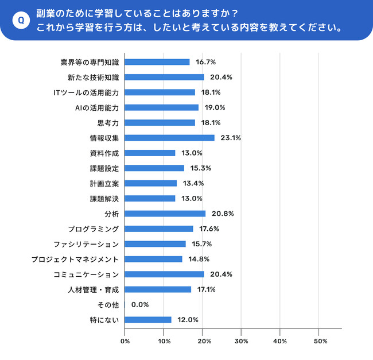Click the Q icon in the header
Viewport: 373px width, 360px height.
click(x=21, y=20)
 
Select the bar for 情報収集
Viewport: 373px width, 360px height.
click(x=169, y=138)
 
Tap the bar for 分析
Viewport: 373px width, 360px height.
click(x=165, y=214)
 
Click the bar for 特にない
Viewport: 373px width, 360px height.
click(x=148, y=320)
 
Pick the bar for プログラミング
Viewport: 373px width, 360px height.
click(x=158, y=229)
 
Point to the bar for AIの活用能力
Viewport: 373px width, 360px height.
click(x=161, y=107)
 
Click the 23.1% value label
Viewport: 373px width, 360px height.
click(x=231, y=138)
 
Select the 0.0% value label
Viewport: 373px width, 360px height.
click(x=141, y=305)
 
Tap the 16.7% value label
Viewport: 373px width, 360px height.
click(x=206, y=62)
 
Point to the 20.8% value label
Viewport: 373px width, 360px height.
click(x=222, y=214)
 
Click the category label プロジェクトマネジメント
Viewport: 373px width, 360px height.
click(x=76, y=259)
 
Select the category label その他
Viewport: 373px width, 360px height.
click(x=108, y=305)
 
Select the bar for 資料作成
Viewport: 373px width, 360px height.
click(x=150, y=153)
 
